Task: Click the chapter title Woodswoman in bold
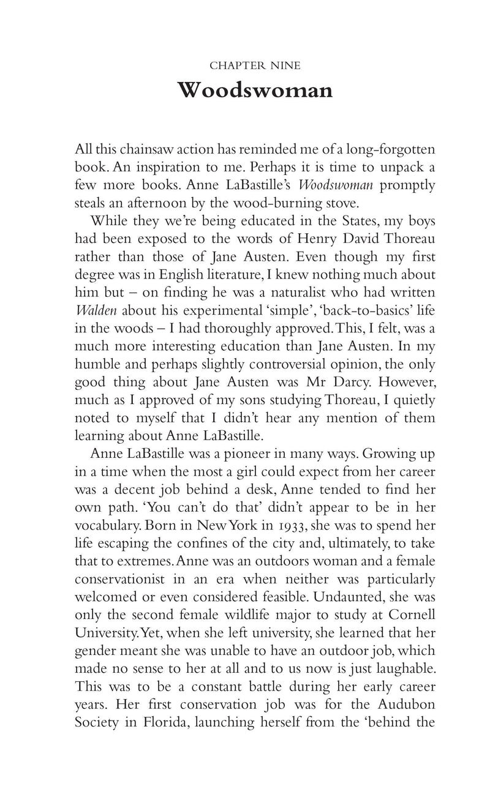[255, 91]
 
